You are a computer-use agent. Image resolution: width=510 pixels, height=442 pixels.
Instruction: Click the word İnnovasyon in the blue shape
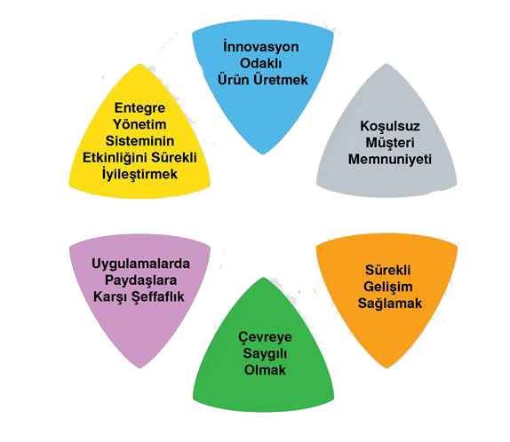(x=261, y=46)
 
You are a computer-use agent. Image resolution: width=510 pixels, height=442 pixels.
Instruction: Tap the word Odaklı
(x=261, y=63)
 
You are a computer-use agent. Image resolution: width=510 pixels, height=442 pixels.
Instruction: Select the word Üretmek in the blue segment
(x=281, y=79)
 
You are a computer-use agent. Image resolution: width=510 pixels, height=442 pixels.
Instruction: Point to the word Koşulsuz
(x=390, y=126)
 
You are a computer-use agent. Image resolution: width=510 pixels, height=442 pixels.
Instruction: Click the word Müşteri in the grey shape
(x=390, y=142)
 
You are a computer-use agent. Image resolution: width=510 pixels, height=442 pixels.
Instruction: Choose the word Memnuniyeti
(x=390, y=159)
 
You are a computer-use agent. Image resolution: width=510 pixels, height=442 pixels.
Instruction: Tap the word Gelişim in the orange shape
(x=388, y=287)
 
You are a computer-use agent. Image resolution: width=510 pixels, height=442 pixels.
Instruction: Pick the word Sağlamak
(x=390, y=304)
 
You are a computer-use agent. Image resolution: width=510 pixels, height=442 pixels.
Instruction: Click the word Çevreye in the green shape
(x=265, y=337)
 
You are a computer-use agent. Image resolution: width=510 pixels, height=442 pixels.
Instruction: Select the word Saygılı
(x=265, y=353)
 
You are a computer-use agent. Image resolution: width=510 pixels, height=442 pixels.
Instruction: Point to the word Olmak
(x=265, y=370)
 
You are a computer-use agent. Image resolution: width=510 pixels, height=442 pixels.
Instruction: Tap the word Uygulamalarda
(x=140, y=264)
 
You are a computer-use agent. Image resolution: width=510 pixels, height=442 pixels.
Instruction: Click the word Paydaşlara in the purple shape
(x=140, y=280)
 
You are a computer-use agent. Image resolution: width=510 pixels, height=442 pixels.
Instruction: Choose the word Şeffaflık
(x=157, y=296)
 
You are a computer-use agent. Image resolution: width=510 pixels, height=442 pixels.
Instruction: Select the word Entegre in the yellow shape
(x=139, y=108)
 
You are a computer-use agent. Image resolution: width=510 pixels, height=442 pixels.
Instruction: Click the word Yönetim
(x=139, y=124)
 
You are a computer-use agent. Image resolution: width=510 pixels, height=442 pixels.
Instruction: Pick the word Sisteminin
(x=139, y=141)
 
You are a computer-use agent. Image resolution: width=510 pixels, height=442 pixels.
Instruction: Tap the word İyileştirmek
(x=139, y=174)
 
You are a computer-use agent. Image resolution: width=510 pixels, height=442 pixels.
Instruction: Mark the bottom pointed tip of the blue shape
(x=263, y=154)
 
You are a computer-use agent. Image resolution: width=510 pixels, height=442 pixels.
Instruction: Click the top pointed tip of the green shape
(x=264, y=277)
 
